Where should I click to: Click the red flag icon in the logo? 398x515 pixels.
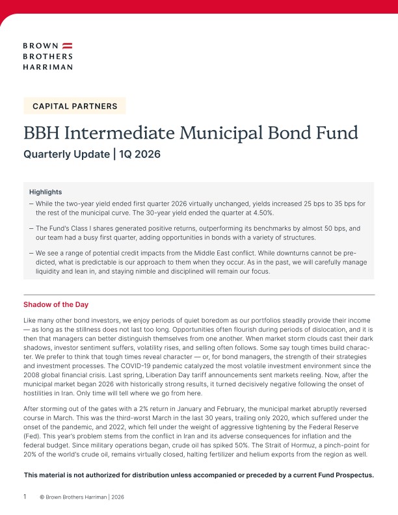(67, 46)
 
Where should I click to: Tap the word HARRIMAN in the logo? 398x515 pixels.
(47, 66)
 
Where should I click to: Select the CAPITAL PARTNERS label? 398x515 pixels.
(75, 106)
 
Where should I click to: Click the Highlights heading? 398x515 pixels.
(46, 192)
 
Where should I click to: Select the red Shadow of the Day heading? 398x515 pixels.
(56, 304)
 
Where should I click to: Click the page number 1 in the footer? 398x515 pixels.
(25, 497)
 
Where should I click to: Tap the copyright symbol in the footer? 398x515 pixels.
(42, 497)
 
